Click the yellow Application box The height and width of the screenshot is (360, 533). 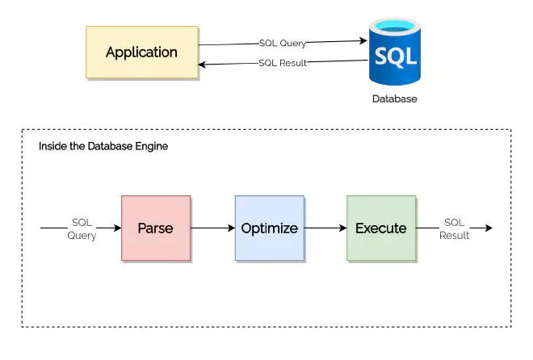point(142,52)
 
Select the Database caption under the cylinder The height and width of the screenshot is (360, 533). point(394,99)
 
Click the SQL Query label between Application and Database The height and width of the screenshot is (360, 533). point(283,43)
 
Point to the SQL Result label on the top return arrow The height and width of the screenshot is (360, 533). point(283,63)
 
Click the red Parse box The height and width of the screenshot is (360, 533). point(156,228)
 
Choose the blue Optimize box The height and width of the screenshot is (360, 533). point(269,228)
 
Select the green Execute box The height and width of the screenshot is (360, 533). point(381,228)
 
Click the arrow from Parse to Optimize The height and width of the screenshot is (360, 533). point(212,228)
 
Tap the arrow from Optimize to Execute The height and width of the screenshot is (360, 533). point(325,228)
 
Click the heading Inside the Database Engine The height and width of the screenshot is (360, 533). point(103,147)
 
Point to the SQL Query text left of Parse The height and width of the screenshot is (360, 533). point(82,228)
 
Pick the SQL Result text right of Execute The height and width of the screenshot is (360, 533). point(455,228)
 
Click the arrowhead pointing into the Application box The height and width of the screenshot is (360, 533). point(204,65)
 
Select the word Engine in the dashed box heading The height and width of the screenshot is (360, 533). point(152,147)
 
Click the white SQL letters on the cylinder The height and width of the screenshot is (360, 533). point(394,57)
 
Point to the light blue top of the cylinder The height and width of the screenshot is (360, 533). point(394,27)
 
